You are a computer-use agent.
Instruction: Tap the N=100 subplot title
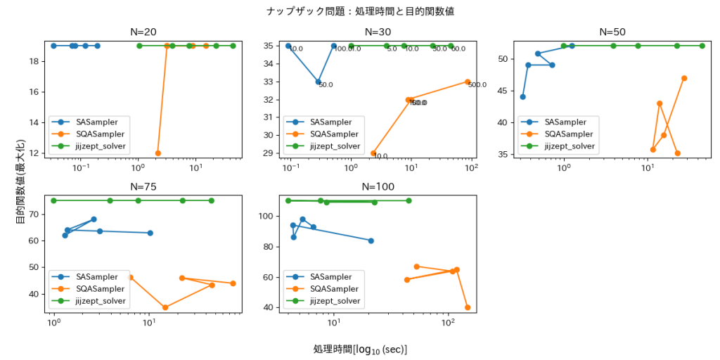point(378,186)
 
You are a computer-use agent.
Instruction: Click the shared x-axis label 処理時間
point(360,349)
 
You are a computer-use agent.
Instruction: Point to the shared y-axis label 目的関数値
point(20,181)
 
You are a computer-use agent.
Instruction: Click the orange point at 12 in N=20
point(157,153)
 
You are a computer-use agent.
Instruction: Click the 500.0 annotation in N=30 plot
point(477,85)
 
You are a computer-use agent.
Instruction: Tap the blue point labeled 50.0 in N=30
point(319,82)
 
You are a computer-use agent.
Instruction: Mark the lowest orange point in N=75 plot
point(165,307)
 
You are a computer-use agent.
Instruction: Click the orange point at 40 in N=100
point(468,307)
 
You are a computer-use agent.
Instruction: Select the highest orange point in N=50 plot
point(684,78)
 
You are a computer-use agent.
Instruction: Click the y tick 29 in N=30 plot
point(271,153)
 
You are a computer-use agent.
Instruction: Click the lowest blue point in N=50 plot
point(522,97)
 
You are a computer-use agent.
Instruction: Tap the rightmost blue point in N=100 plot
point(371,240)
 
